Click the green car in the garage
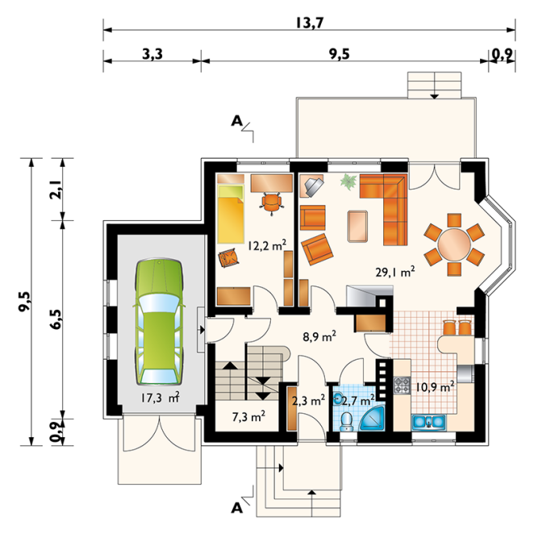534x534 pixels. pyautogui.click(x=159, y=322)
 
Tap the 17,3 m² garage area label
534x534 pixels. pyautogui.click(x=160, y=397)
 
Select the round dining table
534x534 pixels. pyautogui.click(x=454, y=244)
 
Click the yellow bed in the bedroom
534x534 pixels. pyautogui.click(x=231, y=214)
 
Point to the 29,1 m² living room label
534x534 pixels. pyautogui.click(x=395, y=271)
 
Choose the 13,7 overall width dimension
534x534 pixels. pyautogui.click(x=309, y=23)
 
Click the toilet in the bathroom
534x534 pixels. pyautogui.click(x=347, y=421)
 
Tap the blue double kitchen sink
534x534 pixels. pyautogui.click(x=429, y=422)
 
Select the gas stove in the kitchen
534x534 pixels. pyautogui.click(x=402, y=386)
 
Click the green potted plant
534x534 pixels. pyautogui.click(x=348, y=180)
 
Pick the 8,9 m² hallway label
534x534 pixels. pyautogui.click(x=319, y=336)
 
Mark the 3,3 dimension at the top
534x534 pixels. pyautogui.click(x=152, y=54)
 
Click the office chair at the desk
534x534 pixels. pyautogui.click(x=272, y=203)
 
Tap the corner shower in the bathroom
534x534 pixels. pyautogui.click(x=372, y=419)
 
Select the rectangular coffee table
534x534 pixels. pyautogui.click(x=357, y=226)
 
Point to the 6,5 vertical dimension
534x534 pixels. pyautogui.click(x=56, y=319)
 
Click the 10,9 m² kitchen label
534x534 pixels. pyautogui.click(x=435, y=387)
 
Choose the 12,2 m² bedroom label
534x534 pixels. pyautogui.click(x=267, y=245)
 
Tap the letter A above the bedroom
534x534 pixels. pyautogui.click(x=236, y=120)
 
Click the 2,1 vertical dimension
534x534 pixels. pyautogui.click(x=56, y=189)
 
